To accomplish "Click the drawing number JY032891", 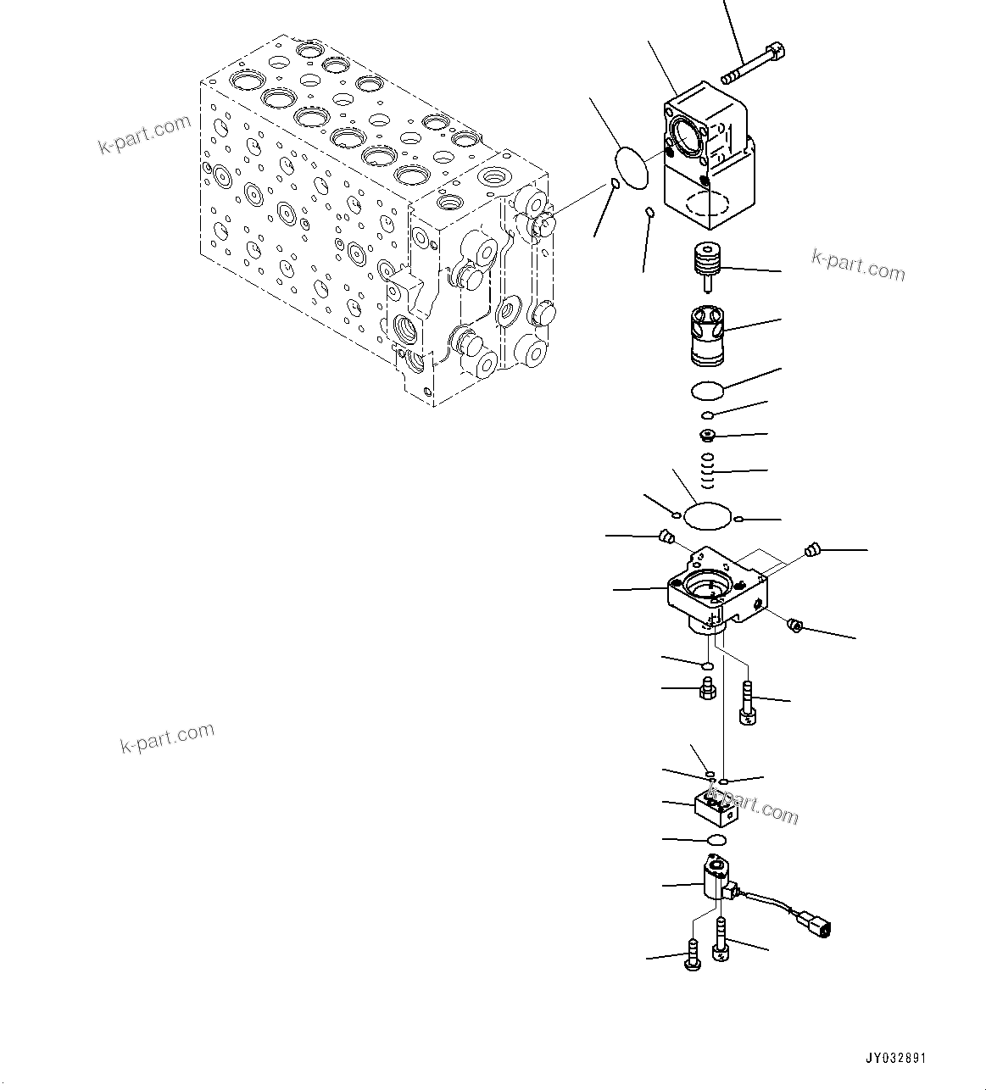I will [x=895, y=1059].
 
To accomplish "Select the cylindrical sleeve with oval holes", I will [x=705, y=333].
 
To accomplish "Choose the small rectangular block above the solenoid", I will [x=715, y=809].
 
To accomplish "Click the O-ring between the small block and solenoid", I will [x=716, y=839].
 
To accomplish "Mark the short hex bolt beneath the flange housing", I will [x=706, y=688].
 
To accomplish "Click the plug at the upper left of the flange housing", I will [x=666, y=536].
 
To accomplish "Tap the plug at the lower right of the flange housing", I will [x=795, y=626].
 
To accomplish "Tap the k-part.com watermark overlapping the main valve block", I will [x=145, y=135].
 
